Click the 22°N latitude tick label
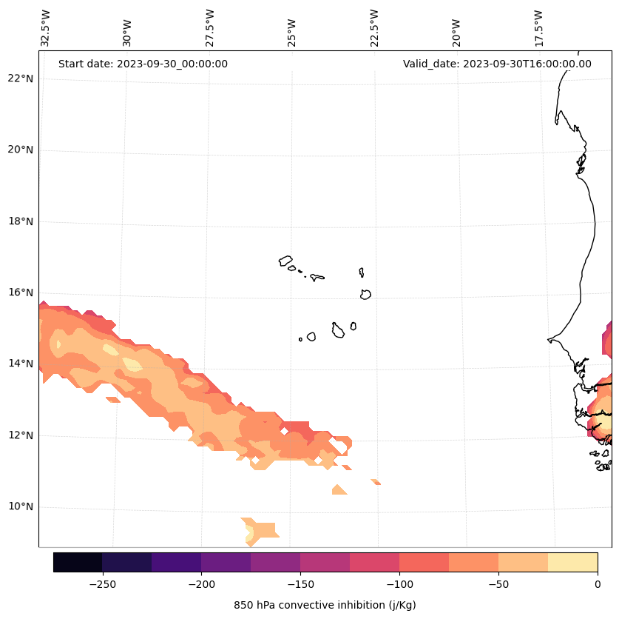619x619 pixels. point(21,78)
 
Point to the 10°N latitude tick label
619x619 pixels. point(21,507)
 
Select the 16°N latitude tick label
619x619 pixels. point(21,292)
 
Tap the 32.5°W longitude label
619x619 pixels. point(46,28)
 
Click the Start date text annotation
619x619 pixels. point(143,64)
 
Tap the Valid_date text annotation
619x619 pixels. point(497,64)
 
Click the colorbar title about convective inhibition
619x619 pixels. point(325,605)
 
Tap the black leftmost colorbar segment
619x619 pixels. point(78,562)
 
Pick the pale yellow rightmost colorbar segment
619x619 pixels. point(572,562)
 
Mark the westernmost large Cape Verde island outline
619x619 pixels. point(285,261)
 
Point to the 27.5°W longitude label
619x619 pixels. point(210,28)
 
